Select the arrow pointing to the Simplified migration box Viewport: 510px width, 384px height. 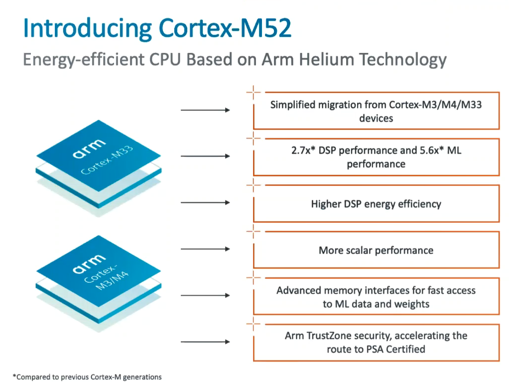tap(205, 110)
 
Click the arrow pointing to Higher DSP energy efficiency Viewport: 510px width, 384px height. tap(205, 202)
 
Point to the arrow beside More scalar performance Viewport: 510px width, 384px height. tap(205, 249)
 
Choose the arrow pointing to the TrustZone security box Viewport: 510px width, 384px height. tap(205, 342)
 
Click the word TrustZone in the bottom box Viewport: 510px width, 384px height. tap(329, 336)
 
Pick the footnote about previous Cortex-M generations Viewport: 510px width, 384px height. tap(87, 377)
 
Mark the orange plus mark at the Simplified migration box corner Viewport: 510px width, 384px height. tap(254, 92)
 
